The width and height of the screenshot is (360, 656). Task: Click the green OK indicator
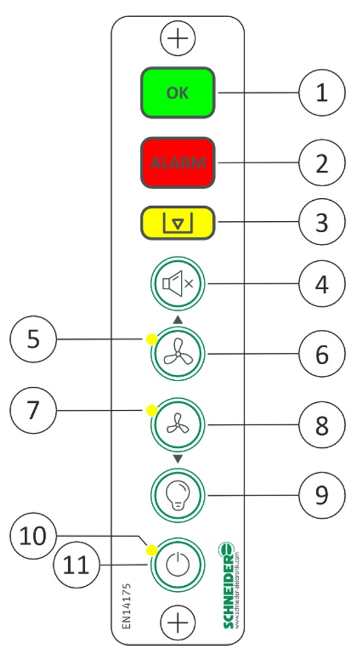coord(178,93)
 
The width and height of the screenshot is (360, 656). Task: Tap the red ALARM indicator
coord(178,163)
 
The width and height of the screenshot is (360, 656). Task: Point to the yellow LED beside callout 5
coord(151,339)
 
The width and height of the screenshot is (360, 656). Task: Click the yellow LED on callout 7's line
coord(151,411)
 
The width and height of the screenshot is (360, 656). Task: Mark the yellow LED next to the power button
coord(151,550)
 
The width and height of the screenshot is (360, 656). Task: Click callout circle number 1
coord(321,93)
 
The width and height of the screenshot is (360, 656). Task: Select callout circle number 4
coord(321,284)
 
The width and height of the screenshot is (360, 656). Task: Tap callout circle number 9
coord(321,493)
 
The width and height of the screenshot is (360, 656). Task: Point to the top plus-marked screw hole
coord(178,39)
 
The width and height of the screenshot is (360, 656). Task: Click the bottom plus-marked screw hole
coord(178,621)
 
